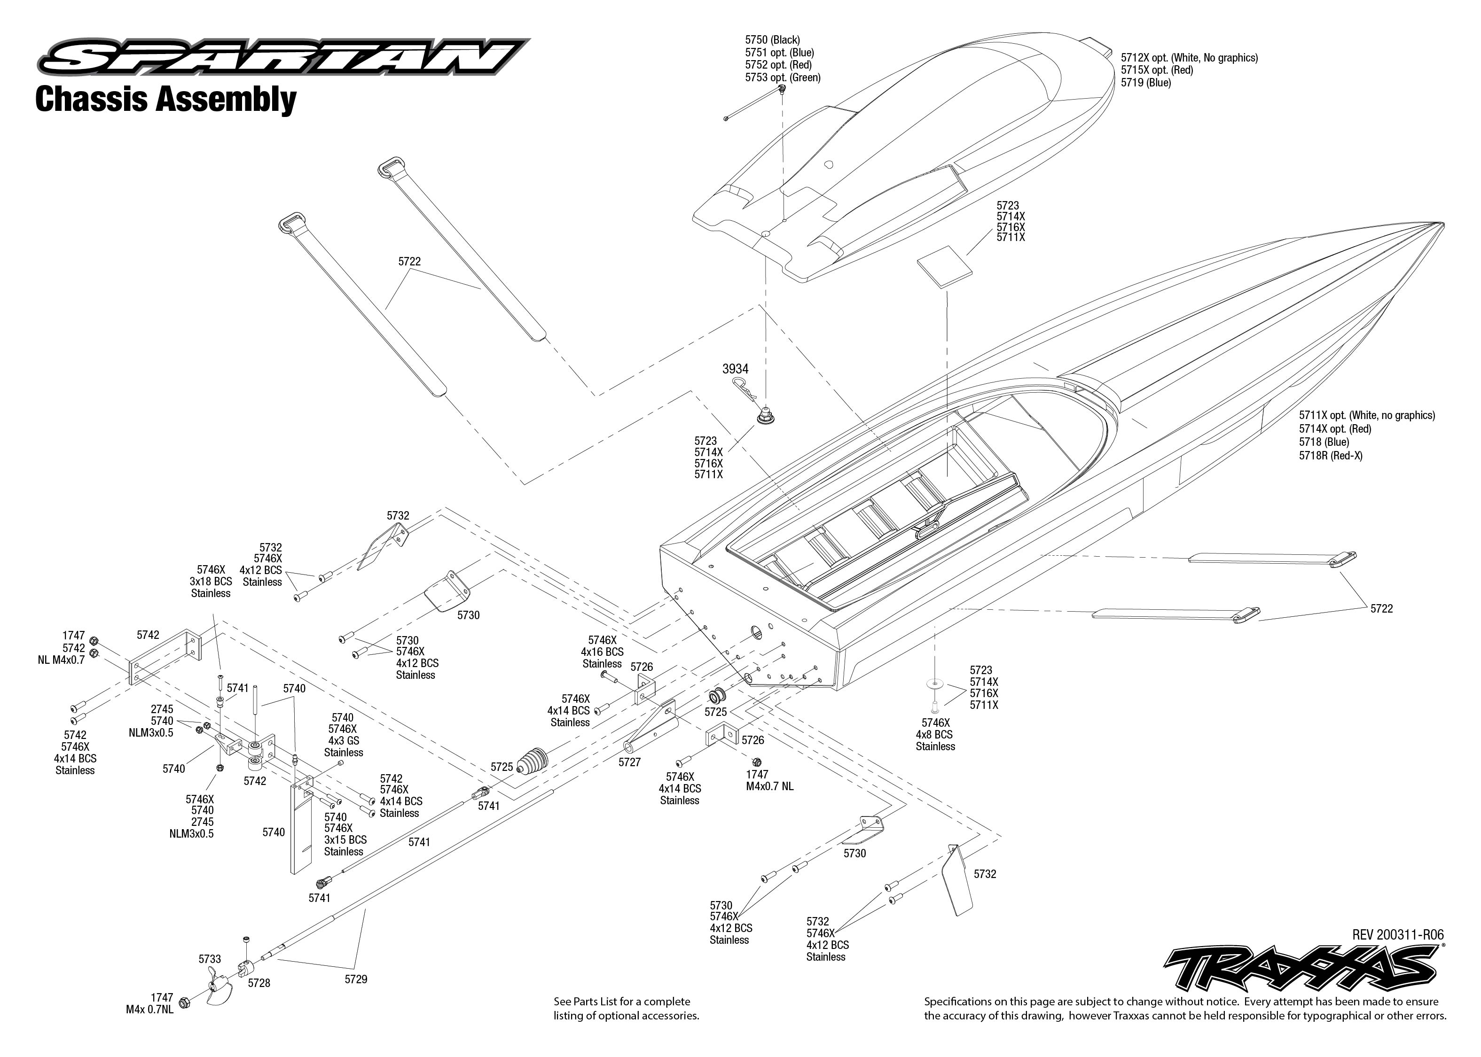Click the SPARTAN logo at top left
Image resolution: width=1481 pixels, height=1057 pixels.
[283, 57]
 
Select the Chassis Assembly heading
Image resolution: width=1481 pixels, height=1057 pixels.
[165, 100]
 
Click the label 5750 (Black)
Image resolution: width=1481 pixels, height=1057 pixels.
[772, 40]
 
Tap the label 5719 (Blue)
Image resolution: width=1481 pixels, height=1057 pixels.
[1146, 83]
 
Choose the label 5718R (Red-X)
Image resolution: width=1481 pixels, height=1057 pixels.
[1331, 456]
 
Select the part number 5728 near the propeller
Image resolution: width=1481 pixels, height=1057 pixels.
[259, 983]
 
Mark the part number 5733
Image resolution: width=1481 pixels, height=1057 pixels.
[210, 959]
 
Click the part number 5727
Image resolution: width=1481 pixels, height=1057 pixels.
[629, 762]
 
